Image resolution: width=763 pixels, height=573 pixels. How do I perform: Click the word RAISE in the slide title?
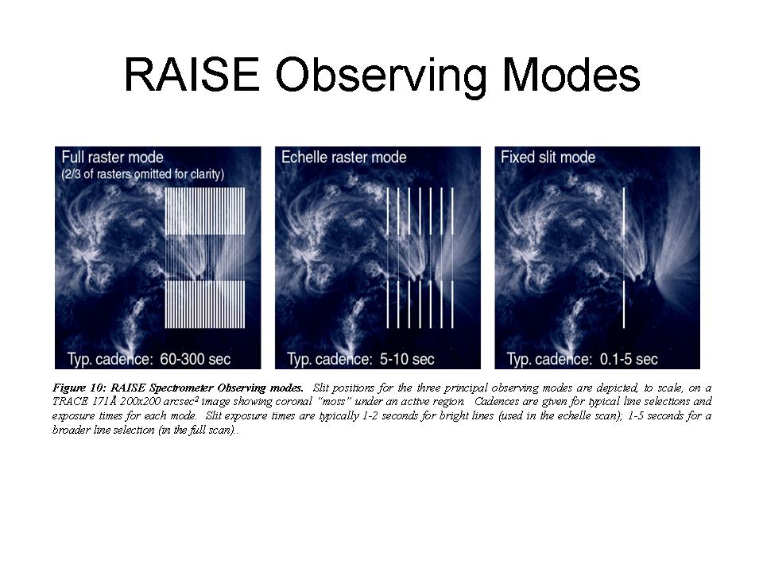tap(192, 75)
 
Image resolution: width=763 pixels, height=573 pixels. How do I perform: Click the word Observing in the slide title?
tap(381, 77)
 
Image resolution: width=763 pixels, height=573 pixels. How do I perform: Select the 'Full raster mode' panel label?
tap(112, 158)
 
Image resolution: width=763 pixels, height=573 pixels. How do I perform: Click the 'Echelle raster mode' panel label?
tap(343, 158)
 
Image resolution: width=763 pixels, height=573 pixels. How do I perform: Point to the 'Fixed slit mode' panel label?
tap(548, 158)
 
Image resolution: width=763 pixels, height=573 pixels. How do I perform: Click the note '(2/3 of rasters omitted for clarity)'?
tap(143, 174)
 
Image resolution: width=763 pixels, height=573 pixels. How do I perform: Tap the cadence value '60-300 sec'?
tap(196, 359)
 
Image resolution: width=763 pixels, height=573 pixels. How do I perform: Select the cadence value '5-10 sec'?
tap(407, 359)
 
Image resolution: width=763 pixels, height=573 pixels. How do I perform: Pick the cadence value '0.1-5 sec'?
tap(629, 359)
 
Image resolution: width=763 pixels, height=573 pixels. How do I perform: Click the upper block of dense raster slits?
tap(205, 211)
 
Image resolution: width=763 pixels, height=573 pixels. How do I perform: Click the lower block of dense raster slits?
tap(205, 304)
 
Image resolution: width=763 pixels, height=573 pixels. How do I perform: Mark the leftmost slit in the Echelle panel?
tap(388, 258)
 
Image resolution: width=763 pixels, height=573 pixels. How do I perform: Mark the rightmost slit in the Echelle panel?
tap(452, 258)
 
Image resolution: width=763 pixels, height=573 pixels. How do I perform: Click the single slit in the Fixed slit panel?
tap(624, 258)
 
